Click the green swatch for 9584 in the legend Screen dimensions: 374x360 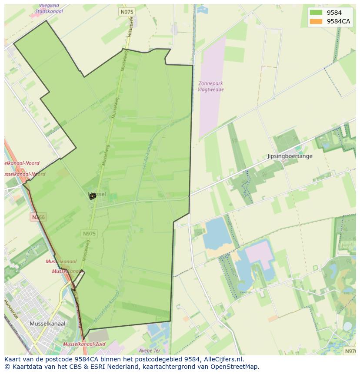coord(316,13)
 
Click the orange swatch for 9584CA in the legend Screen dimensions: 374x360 coord(316,21)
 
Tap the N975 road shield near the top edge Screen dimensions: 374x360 coord(127,12)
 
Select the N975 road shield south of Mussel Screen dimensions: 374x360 coord(89,234)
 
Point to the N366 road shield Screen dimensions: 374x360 coord(38,217)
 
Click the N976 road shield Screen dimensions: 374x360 coord(350,351)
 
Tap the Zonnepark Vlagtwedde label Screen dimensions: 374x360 coord(210,86)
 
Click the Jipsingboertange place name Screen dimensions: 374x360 coord(290,156)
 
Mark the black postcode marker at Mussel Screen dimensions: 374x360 coord(92,196)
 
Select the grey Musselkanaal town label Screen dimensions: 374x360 coord(47,324)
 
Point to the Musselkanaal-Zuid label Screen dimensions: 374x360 coord(84,344)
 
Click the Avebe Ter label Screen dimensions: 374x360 coord(150,351)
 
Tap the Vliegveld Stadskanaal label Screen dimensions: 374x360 coord(49,9)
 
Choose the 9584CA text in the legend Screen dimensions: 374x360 coord(338,21)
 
